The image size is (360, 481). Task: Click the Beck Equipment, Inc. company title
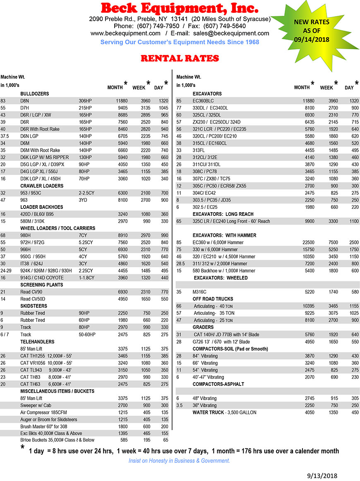tap(180, 8)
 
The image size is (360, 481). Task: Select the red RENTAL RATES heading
tap(180, 58)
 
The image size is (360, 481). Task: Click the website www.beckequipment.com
tap(125, 33)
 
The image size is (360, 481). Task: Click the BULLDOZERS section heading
tap(35, 94)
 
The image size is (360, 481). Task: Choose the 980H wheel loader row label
tap(26, 235)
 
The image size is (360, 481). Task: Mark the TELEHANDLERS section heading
tap(37, 342)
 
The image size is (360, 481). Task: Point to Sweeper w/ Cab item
tap(36, 406)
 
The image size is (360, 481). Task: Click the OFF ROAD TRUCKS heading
tap(213, 299)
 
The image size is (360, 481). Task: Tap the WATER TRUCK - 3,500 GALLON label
tap(224, 412)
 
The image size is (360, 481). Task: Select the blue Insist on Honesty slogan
tap(179, 461)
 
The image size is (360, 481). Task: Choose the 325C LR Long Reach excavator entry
tap(231, 221)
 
